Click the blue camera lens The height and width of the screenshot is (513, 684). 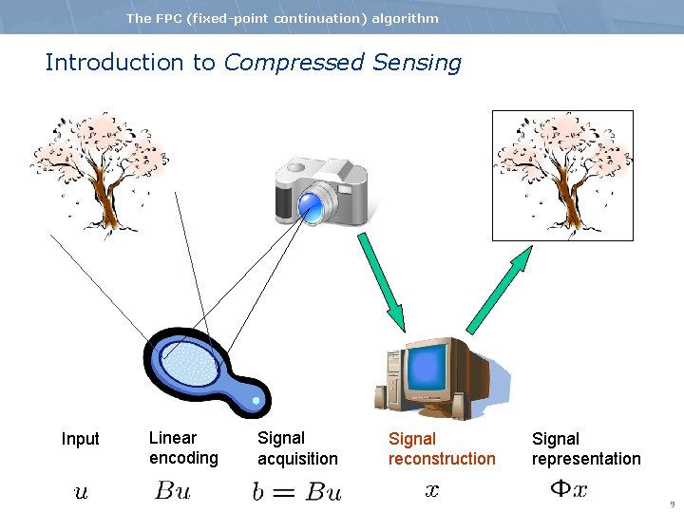pyautogui.click(x=311, y=203)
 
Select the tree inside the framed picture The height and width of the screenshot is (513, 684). pyautogui.click(x=561, y=173)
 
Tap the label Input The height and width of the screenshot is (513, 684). pyautogui.click(x=80, y=439)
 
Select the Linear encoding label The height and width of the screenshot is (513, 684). pyautogui.click(x=183, y=448)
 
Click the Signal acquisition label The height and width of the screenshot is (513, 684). pyautogui.click(x=297, y=448)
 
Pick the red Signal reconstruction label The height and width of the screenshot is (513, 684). pyautogui.click(x=442, y=448)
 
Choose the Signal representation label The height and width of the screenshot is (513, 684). pyautogui.click(x=586, y=448)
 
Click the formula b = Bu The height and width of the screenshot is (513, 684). pyautogui.click(x=296, y=491)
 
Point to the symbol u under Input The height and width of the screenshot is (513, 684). pyautogui.click(x=81, y=491)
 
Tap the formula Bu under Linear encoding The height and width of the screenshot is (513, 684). pyautogui.click(x=173, y=491)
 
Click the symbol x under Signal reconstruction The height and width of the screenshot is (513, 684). pyautogui.click(x=432, y=490)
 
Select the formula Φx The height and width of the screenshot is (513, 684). pyautogui.click(x=569, y=490)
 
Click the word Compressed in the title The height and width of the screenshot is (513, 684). pyautogui.click(x=294, y=63)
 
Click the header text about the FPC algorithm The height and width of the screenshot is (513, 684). pyautogui.click(x=282, y=18)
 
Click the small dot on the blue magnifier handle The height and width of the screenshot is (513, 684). pyautogui.click(x=256, y=401)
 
